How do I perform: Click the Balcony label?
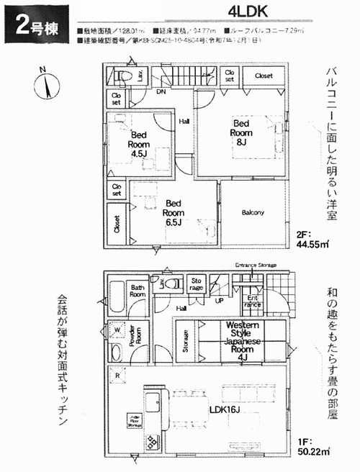pos(253,212)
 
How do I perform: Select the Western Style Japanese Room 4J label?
pos(247,340)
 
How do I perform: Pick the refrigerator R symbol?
pos(117,375)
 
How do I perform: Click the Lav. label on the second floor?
pos(138,74)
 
